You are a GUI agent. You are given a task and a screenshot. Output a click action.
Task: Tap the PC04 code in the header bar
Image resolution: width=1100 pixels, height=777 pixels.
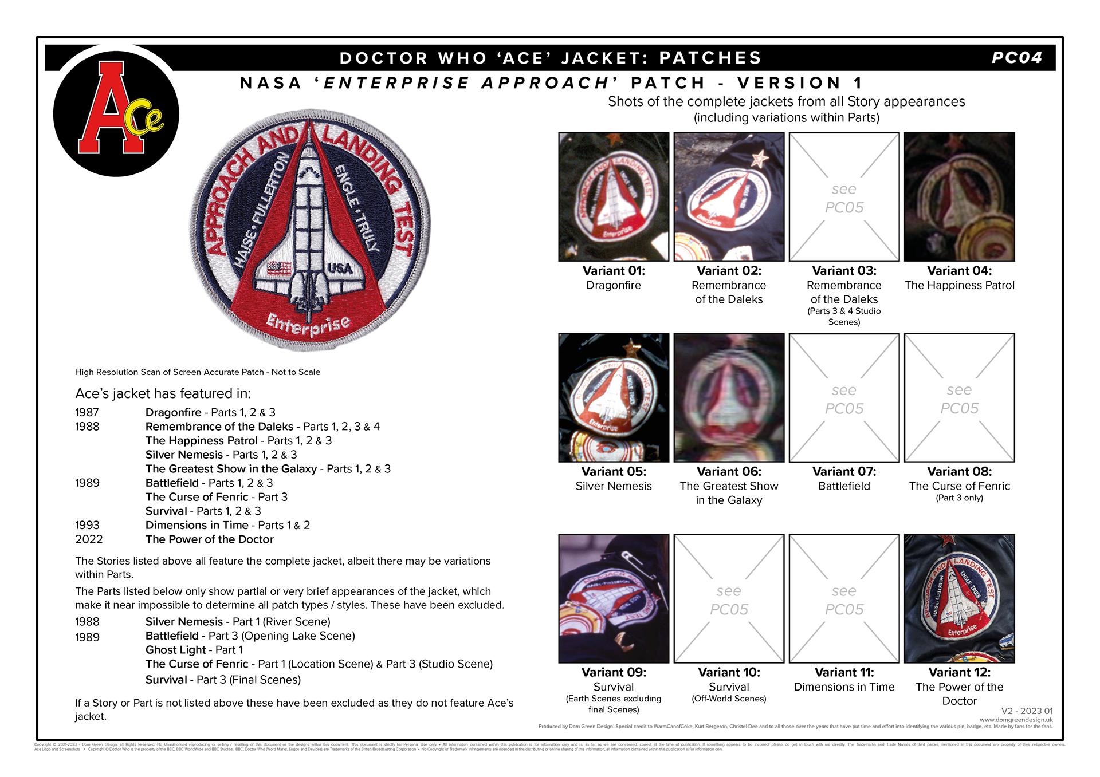(1017, 58)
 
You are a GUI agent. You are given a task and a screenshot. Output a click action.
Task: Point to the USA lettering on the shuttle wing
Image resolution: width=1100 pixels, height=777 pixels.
(340, 268)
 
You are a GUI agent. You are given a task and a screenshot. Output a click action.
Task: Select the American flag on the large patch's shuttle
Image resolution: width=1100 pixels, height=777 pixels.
(279, 268)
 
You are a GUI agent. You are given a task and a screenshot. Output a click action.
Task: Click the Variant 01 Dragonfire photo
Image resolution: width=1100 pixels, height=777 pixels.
(614, 197)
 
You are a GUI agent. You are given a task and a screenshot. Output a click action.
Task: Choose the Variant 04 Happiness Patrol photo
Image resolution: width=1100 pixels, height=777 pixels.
(959, 197)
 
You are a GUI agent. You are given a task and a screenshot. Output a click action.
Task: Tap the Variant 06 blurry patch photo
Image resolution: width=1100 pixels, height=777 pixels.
(729, 398)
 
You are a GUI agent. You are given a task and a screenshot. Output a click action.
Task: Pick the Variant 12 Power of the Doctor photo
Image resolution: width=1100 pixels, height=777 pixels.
(959, 599)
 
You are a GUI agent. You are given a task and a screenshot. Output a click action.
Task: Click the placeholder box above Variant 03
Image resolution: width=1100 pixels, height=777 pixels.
(844, 197)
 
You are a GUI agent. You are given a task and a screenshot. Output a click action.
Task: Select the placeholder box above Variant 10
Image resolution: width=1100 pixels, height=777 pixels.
(729, 599)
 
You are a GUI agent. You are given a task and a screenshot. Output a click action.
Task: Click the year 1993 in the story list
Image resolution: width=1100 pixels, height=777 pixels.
(87, 525)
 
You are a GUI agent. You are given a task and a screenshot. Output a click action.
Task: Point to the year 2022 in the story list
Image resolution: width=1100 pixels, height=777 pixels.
(89, 539)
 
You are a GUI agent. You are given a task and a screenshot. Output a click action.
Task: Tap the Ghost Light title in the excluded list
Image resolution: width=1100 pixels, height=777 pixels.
(175, 650)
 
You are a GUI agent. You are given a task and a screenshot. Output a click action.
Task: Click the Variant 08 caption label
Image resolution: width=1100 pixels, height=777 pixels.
(959, 472)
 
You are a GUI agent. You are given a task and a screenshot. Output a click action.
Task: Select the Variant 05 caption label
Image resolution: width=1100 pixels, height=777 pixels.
(614, 472)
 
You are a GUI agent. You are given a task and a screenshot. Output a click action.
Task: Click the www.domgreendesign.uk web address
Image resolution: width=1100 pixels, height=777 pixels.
(1016, 720)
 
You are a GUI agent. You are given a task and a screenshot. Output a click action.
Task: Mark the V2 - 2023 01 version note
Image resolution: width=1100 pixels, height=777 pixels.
(1027, 711)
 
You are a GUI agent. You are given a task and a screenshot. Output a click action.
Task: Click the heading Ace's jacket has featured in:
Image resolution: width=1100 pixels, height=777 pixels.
(163, 393)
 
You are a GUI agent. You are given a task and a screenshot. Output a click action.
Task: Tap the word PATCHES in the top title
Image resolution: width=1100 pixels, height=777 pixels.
(710, 58)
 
